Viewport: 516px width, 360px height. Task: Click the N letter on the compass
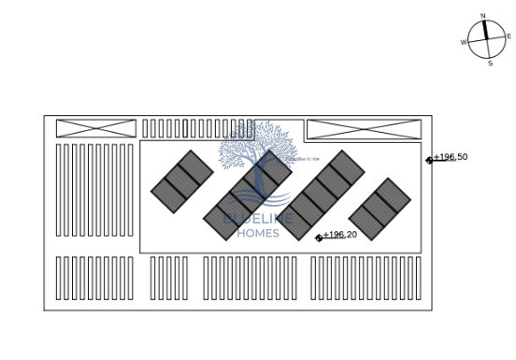click(x=483, y=16)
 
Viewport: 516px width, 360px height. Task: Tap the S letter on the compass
click(x=490, y=64)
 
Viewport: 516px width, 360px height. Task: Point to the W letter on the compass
click(x=464, y=43)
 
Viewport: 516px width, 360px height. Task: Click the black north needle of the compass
click(x=485, y=29)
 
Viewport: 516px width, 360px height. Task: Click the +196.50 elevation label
click(x=451, y=157)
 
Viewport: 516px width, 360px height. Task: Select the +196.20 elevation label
click(x=340, y=235)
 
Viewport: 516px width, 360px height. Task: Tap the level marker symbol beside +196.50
click(x=429, y=160)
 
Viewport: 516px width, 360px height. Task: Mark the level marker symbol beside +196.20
click(x=319, y=238)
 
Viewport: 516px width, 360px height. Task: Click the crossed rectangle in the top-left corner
click(x=95, y=128)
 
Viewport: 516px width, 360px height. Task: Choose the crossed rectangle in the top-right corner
click(x=363, y=129)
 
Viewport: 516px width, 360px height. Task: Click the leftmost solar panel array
click(x=182, y=180)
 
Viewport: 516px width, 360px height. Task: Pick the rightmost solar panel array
click(x=380, y=209)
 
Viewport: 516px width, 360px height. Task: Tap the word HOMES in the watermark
click(x=259, y=232)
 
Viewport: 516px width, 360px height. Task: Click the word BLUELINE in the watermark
click(x=259, y=219)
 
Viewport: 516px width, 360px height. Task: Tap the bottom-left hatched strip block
click(x=94, y=278)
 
